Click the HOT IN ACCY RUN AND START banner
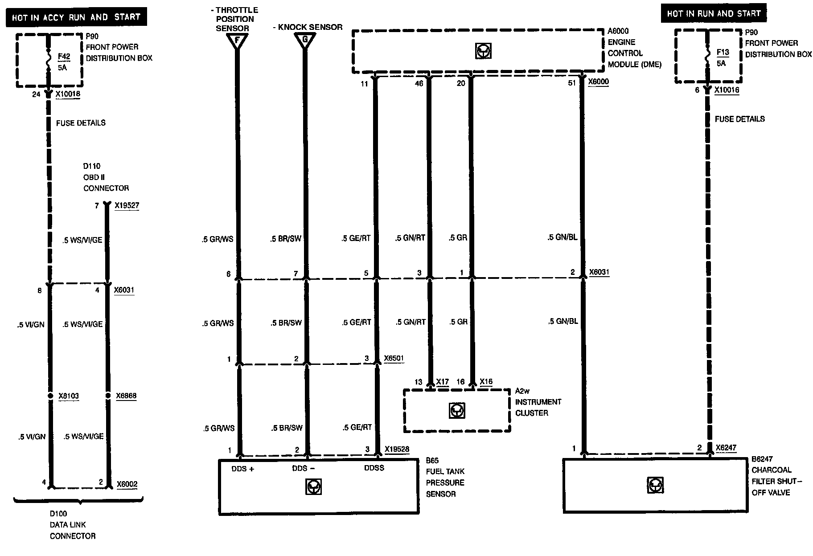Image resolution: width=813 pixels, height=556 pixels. point(76,18)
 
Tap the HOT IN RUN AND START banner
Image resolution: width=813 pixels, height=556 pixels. point(714,14)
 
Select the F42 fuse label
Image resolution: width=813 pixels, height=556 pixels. point(64,57)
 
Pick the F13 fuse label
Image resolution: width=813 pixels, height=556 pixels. point(723,53)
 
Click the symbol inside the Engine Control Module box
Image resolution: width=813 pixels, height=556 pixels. point(482,52)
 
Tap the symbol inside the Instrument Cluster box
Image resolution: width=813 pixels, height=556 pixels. point(457,410)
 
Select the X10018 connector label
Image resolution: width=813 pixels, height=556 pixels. point(68,94)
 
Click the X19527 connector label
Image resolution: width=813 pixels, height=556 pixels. point(127,206)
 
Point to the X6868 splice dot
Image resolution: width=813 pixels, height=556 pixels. point(107,396)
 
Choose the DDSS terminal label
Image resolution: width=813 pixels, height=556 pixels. point(374,468)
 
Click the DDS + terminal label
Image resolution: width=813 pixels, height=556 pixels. point(242,469)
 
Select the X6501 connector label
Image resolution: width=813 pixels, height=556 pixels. point(394,359)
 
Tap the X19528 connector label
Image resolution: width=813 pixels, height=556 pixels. point(397,449)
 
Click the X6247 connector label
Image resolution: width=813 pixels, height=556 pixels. point(726,448)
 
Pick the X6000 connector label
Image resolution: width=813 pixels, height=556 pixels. point(598,82)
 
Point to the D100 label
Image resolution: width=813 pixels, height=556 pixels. point(58,514)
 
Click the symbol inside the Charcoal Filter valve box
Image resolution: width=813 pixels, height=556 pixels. point(655,485)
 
